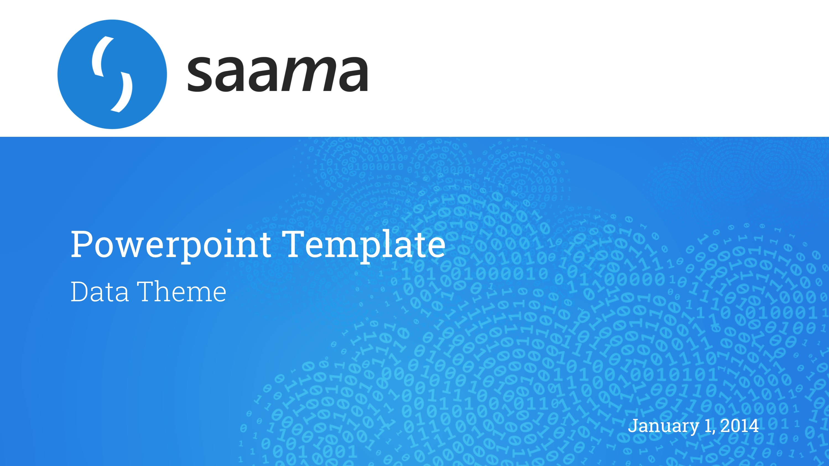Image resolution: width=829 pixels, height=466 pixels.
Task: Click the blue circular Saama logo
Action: coord(112,74)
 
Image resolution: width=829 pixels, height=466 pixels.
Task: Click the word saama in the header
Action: coord(278,74)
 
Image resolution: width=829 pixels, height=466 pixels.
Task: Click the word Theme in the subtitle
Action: coord(183,291)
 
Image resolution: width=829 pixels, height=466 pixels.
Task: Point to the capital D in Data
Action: coord(80,291)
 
